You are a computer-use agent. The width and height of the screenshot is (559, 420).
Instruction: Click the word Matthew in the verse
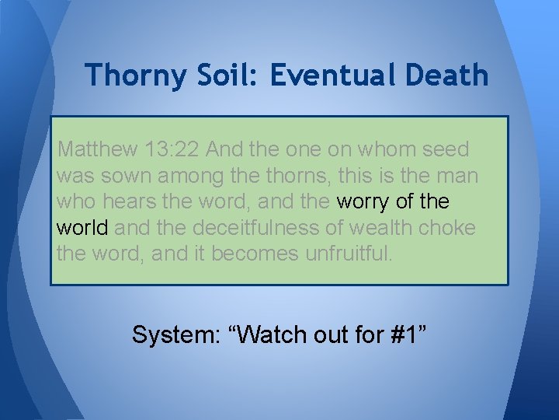point(90,149)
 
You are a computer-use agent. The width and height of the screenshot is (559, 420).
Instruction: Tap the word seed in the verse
point(450,149)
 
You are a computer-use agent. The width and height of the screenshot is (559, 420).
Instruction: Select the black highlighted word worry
point(363,201)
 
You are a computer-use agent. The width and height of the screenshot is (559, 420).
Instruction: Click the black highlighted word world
point(83,228)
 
